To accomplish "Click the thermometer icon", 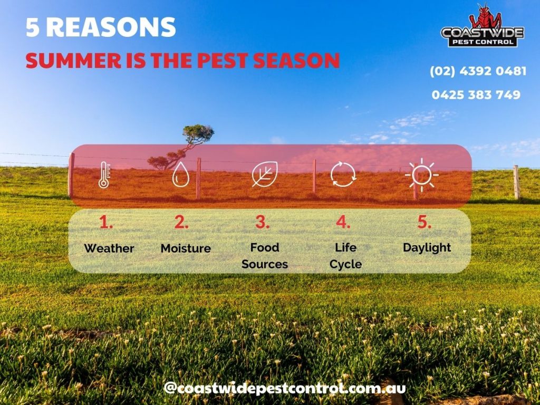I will (104, 176).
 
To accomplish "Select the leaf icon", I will (262, 175).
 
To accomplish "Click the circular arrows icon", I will (343, 175).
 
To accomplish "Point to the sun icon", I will (422, 175).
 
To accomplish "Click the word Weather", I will (109, 248).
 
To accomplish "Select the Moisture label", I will (186, 248).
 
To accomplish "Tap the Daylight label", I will (427, 247).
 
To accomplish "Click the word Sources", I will (265, 264).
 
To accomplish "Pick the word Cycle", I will (346, 264).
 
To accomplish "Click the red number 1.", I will (106, 223).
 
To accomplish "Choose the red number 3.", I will (262, 223).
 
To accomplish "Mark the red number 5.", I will (424, 223).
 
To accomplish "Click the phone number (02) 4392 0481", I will (478, 71).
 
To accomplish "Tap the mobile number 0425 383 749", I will (476, 95).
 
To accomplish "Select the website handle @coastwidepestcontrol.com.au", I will (285, 388).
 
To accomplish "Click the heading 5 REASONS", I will (101, 27).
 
